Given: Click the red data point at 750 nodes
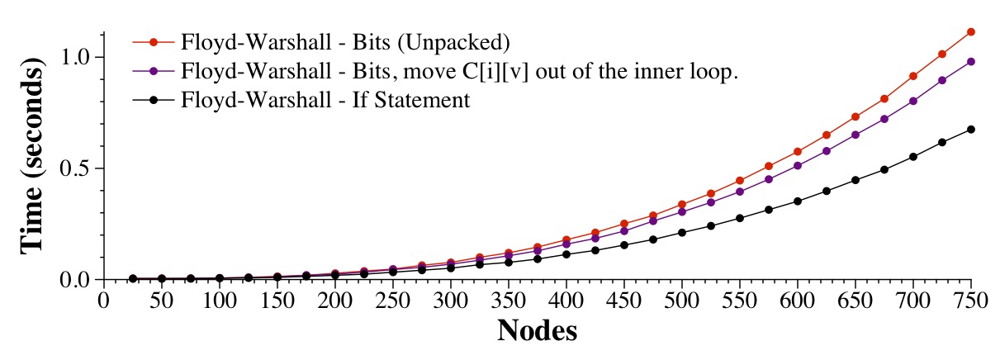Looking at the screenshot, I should point(971,31).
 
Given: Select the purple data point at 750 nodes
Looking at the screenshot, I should point(971,61).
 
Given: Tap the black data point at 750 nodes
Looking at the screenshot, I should point(971,130).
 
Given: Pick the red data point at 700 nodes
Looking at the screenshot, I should point(913,76).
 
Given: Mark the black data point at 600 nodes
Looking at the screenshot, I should point(798,201).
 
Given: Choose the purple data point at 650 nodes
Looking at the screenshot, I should point(855,135).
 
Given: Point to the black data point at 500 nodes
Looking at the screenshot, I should point(682,233).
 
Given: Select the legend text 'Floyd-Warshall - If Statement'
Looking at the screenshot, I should point(325,101).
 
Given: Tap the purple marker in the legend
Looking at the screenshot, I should point(153,71).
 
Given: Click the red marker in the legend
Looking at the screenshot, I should point(153,41).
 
